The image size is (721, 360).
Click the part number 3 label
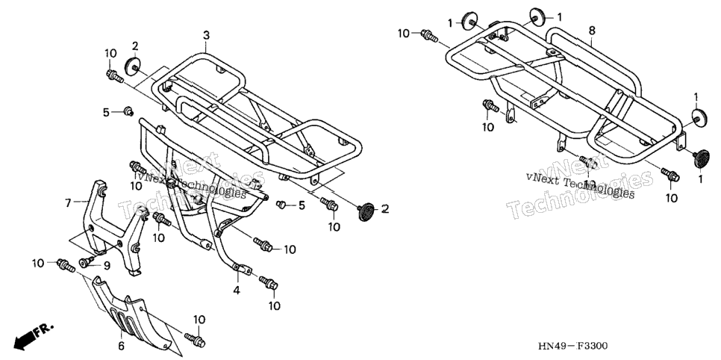pos(207,35)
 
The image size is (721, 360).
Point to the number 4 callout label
pos(237,291)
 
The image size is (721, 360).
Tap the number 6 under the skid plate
pos(122,346)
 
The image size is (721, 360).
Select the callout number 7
pos(68,202)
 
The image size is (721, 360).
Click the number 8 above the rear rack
pos(592,31)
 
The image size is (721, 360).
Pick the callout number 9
pos(107,265)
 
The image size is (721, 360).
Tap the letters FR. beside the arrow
pos(45,329)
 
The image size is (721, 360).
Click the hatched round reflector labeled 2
pos(366,211)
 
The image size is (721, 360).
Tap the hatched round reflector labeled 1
pos(701,159)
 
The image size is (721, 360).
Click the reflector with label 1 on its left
pos(469,21)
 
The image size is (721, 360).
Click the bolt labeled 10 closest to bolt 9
pos(65,265)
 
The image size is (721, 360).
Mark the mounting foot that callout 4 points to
pos(241,269)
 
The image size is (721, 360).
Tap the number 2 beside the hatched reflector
pos(385,209)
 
